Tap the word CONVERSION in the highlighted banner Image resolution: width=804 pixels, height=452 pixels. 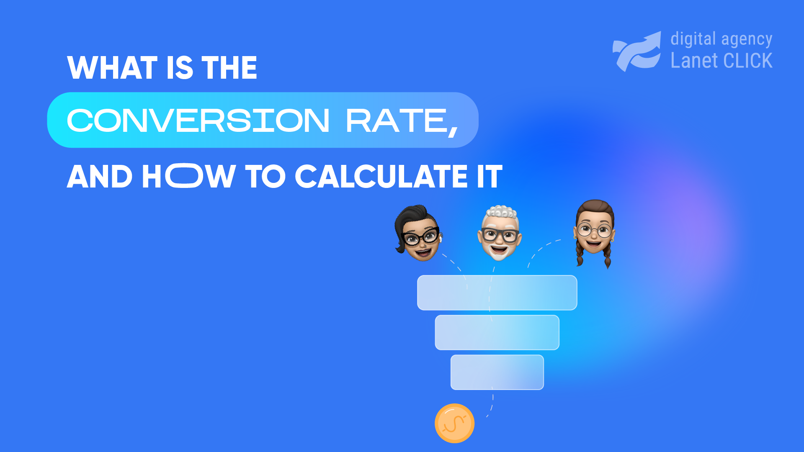(x=198, y=121)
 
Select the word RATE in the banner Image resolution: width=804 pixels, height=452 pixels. (x=397, y=121)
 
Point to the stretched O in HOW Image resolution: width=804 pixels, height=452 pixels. (x=184, y=176)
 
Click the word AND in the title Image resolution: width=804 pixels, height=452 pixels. (x=100, y=177)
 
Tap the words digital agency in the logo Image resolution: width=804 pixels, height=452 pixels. (x=721, y=39)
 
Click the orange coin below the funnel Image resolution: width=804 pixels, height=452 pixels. (x=454, y=423)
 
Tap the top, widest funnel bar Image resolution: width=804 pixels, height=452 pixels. (x=497, y=293)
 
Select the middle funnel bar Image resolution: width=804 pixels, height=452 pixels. (x=497, y=332)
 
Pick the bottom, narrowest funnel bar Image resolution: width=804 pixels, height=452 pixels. (x=497, y=372)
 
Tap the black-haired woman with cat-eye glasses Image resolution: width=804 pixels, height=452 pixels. (x=418, y=234)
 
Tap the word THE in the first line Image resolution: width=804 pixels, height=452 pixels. (x=229, y=68)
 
